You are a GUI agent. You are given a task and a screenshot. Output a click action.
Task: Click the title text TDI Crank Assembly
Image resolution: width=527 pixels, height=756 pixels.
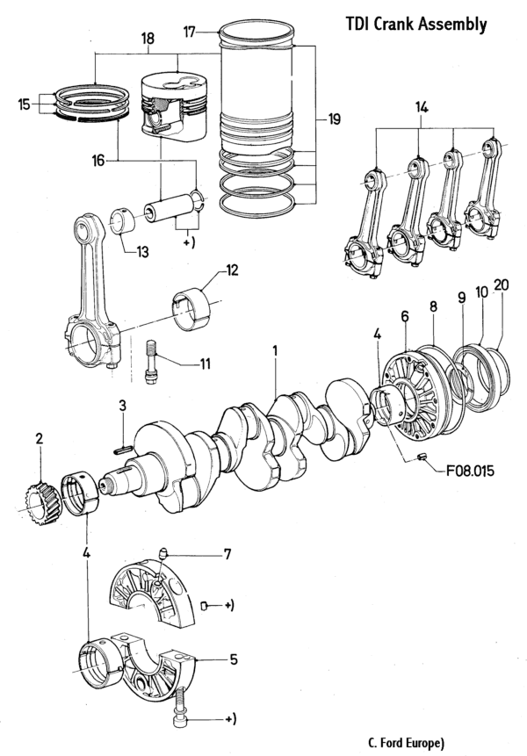tap(415, 25)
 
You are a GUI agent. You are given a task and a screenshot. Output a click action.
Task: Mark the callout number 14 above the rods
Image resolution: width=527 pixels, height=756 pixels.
tap(422, 106)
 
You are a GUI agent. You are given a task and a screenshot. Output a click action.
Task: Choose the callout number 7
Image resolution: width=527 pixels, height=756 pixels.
tap(226, 554)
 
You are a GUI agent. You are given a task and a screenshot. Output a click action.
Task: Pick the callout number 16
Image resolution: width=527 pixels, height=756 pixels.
tap(99, 161)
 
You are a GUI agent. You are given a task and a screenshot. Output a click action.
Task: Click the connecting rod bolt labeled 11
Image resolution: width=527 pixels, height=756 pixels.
tap(152, 359)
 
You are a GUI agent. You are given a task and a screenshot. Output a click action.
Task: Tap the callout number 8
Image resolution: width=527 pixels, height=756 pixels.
tap(433, 307)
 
